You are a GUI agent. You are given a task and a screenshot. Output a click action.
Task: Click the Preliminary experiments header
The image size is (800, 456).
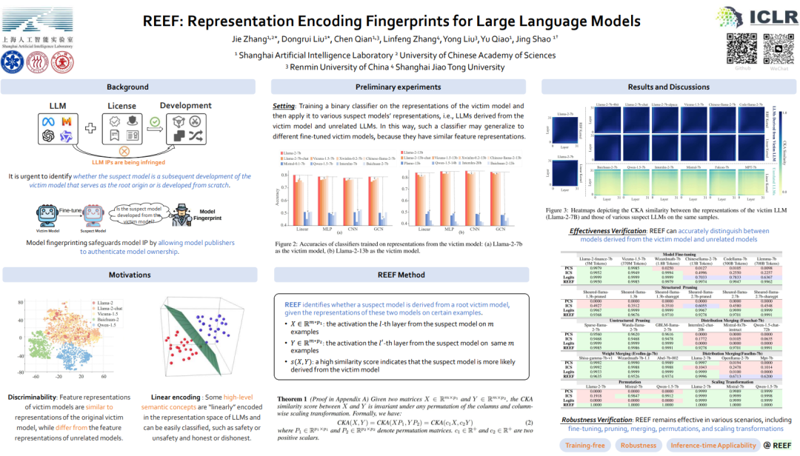(399, 87)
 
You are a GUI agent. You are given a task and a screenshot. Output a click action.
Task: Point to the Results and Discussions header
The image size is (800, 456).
(668, 87)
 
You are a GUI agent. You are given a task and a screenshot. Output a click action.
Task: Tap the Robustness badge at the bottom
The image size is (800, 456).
(639, 445)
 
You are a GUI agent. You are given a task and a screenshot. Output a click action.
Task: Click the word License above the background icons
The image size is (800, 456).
(122, 106)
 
